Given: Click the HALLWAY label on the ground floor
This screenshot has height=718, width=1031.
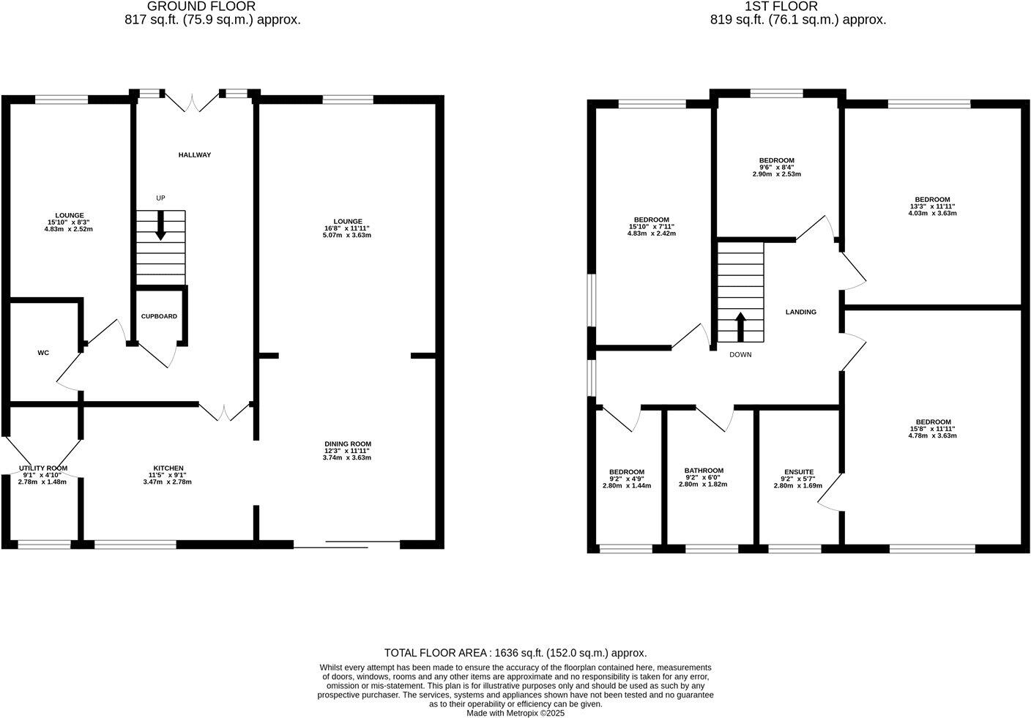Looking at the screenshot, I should pyautogui.click(x=194, y=155).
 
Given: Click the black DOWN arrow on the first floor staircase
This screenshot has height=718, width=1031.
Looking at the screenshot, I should pyautogui.click(x=740, y=326).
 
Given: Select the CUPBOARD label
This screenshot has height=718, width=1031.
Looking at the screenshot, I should pyautogui.click(x=159, y=316).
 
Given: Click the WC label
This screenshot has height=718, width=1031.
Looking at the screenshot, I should pyautogui.click(x=43, y=353).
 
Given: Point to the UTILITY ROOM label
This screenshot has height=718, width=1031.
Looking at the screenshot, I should pyautogui.click(x=43, y=468).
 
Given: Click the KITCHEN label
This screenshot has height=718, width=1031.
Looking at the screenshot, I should pyautogui.click(x=168, y=468).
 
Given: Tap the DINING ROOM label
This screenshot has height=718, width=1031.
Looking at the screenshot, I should pyautogui.click(x=348, y=444).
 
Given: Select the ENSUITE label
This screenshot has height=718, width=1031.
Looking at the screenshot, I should pyautogui.click(x=799, y=472).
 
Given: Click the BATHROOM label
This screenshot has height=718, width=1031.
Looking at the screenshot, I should pyautogui.click(x=704, y=471).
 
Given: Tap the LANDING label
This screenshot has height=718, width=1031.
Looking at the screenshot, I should pyautogui.click(x=800, y=312).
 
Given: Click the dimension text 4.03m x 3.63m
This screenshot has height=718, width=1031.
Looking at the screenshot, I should pyautogui.click(x=932, y=213).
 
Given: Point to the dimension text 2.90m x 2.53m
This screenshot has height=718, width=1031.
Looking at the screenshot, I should pyautogui.click(x=776, y=174).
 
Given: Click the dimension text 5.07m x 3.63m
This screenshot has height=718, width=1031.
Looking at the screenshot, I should pyautogui.click(x=348, y=235).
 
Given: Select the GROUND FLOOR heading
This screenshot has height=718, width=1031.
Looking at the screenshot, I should pyautogui.click(x=201, y=7).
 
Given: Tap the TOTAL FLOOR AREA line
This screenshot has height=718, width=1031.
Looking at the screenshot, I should pyautogui.click(x=515, y=653).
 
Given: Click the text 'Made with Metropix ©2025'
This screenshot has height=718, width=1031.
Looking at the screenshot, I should pyautogui.click(x=515, y=713).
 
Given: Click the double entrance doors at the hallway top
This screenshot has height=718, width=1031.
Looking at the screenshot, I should pyautogui.click(x=193, y=103).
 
